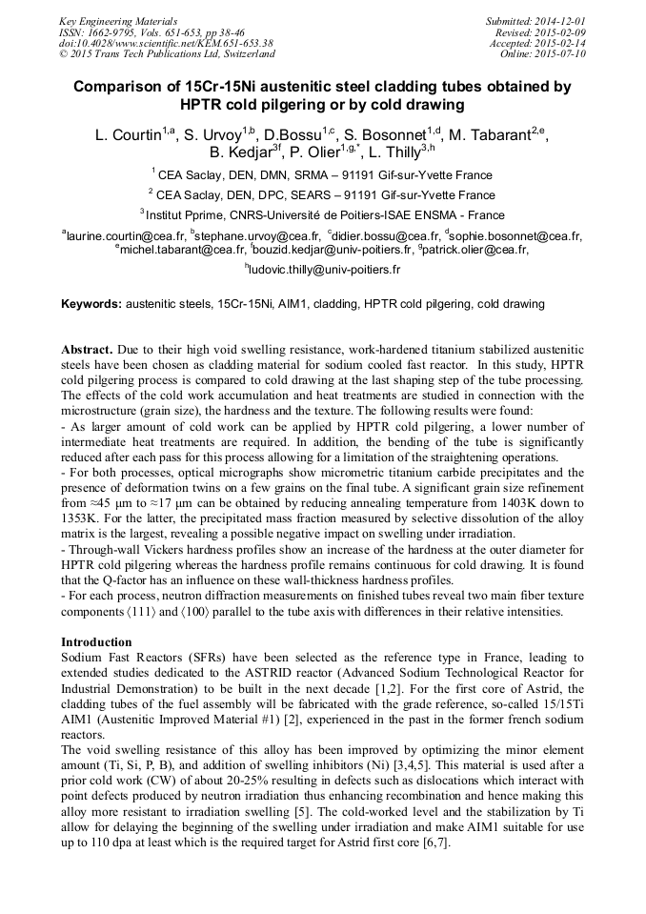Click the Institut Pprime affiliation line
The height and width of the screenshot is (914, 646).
[323, 215]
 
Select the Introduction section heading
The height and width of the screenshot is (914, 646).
[96, 642]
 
